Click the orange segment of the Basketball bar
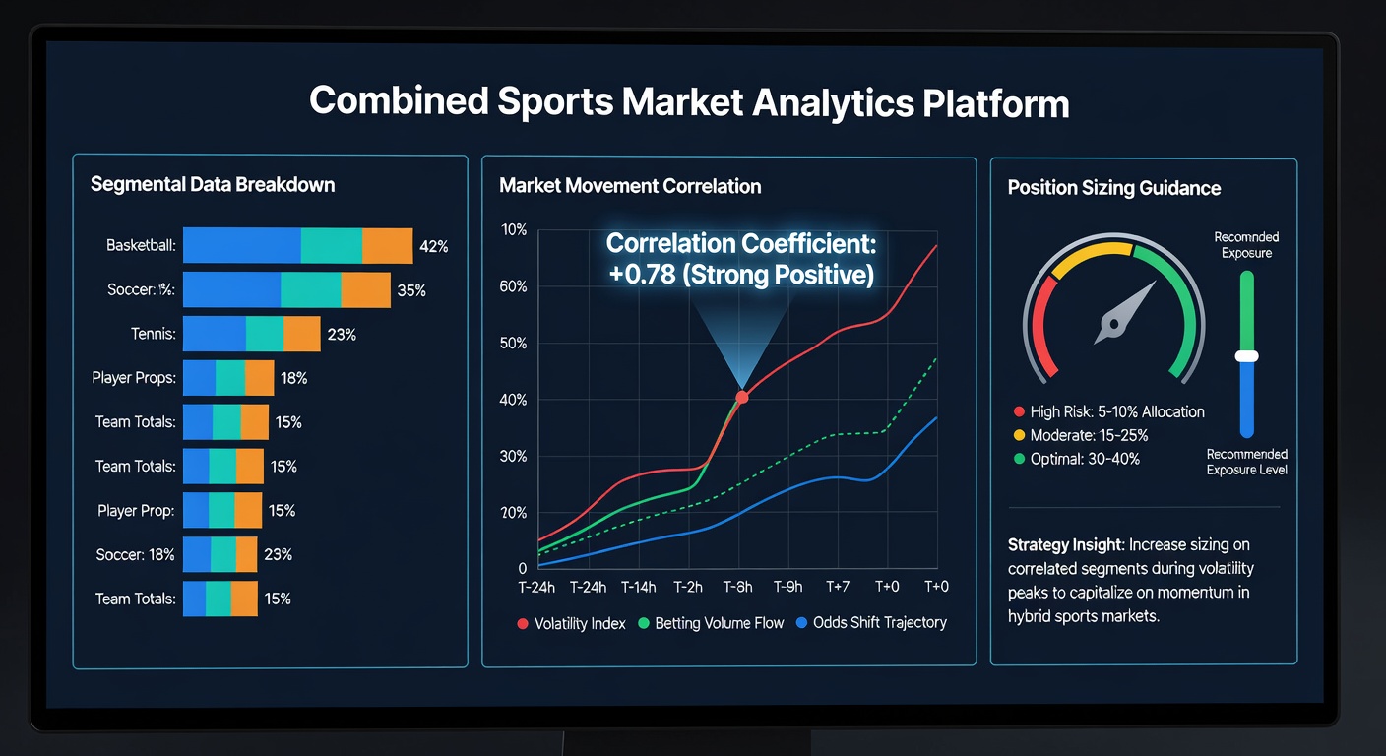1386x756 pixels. [387, 246]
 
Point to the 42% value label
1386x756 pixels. [433, 246]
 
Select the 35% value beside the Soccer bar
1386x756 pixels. [411, 290]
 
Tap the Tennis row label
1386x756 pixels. [153, 334]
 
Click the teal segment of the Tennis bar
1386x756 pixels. [265, 334]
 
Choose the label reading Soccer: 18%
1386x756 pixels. [135, 554]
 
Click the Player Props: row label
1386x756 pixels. [134, 377]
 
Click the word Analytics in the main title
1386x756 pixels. [833, 102]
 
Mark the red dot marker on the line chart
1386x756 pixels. [742, 397]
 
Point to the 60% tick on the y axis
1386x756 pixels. [513, 286]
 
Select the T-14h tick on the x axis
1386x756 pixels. [638, 587]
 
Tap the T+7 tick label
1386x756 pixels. [838, 586]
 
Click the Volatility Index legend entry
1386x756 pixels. [571, 623]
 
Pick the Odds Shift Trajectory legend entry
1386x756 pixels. [871, 622]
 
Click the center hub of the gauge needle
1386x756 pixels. [1113, 324]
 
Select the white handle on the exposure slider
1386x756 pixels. [1247, 356]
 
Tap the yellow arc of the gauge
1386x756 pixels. [1092, 255]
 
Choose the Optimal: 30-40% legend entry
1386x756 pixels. [1077, 459]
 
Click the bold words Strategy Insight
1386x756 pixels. [1065, 544]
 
